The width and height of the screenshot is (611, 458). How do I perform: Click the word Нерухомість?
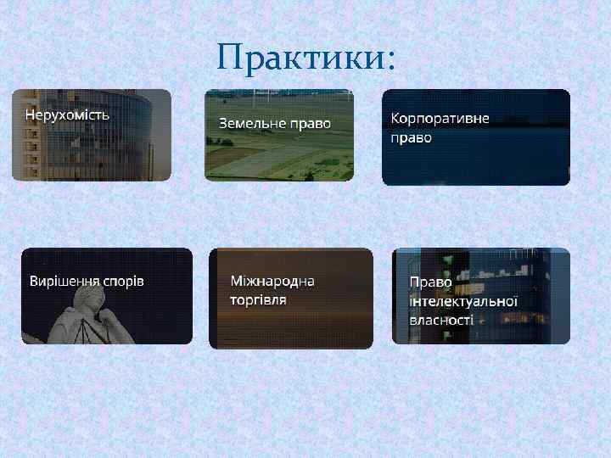point(67,113)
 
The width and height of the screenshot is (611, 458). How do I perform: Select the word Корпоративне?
point(440,118)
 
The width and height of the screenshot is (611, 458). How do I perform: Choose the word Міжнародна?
point(272,281)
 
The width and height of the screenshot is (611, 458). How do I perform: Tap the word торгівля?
point(258,299)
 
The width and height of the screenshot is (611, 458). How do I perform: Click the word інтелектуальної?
point(463,301)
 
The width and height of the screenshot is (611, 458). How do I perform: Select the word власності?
point(441,320)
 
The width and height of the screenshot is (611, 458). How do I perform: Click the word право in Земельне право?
point(311,124)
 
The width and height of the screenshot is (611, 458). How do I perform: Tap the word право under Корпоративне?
point(412,137)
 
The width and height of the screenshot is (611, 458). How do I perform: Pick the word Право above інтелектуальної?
point(430,282)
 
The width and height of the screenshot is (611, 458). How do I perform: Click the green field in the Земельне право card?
point(280,161)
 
